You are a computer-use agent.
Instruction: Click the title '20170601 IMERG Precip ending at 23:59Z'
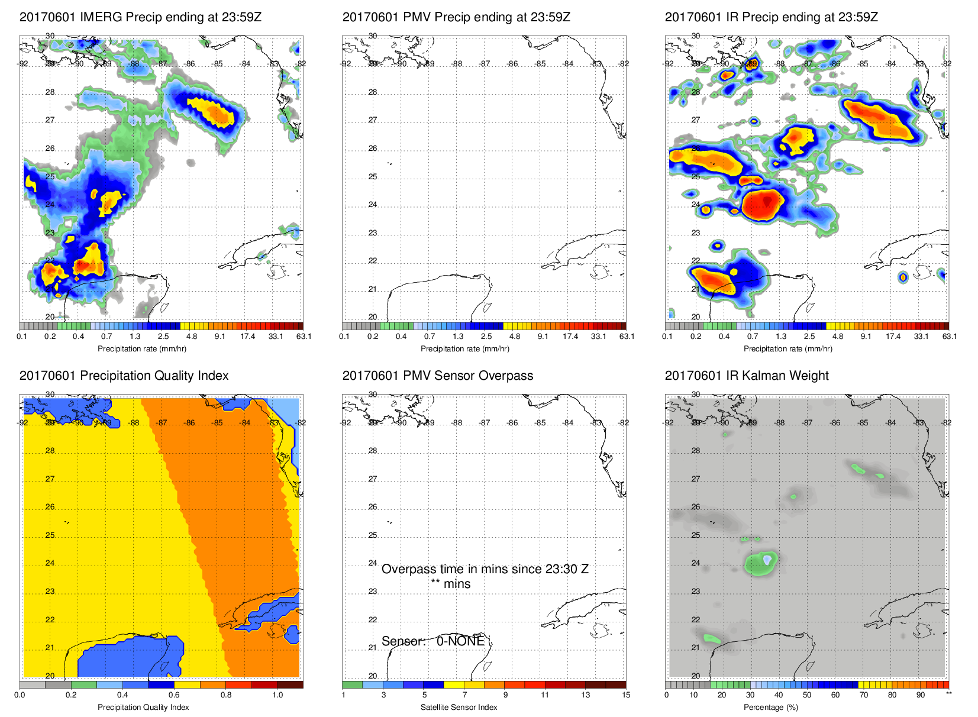click(x=140, y=17)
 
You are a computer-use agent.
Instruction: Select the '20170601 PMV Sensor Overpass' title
click(x=437, y=376)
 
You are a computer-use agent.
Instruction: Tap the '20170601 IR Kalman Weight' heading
click(x=746, y=376)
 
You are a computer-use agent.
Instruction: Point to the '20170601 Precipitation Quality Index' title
click(x=124, y=376)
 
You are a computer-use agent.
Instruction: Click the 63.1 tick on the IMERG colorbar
click(x=304, y=337)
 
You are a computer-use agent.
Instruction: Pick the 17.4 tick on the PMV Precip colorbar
click(x=570, y=337)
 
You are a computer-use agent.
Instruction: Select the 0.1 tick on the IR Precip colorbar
click(x=667, y=337)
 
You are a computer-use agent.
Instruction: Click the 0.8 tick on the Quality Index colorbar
click(x=226, y=695)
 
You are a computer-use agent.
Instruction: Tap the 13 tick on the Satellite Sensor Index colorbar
click(x=585, y=695)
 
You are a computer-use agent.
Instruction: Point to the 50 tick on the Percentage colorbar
click(x=807, y=695)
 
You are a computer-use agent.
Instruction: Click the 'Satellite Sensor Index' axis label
click(x=459, y=708)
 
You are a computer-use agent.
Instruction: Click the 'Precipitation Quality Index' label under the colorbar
click(x=143, y=708)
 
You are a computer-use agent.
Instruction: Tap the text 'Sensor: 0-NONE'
click(x=432, y=641)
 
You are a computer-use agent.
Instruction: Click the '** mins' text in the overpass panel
click(x=450, y=584)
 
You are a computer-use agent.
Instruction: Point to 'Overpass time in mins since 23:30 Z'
click(x=485, y=569)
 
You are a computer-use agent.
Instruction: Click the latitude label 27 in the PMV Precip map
click(x=373, y=120)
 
